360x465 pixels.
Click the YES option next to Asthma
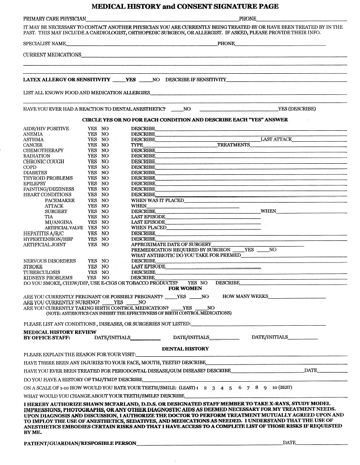pos(92,139)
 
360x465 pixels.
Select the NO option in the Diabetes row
pos(105,172)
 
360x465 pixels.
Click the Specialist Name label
pos(45,44)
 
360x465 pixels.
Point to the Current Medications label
pos(52,55)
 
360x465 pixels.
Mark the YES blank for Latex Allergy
pos(118,79)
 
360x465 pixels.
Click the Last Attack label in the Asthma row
pos(276,139)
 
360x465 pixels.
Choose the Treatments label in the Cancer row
pos(234,145)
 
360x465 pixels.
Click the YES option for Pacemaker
pos(92,200)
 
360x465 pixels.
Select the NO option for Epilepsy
pos(105,183)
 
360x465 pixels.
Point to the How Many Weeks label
pos(245,296)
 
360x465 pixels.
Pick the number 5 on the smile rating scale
pos(230,387)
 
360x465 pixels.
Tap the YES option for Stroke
pos(92,267)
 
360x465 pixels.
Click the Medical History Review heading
pos(60,332)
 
